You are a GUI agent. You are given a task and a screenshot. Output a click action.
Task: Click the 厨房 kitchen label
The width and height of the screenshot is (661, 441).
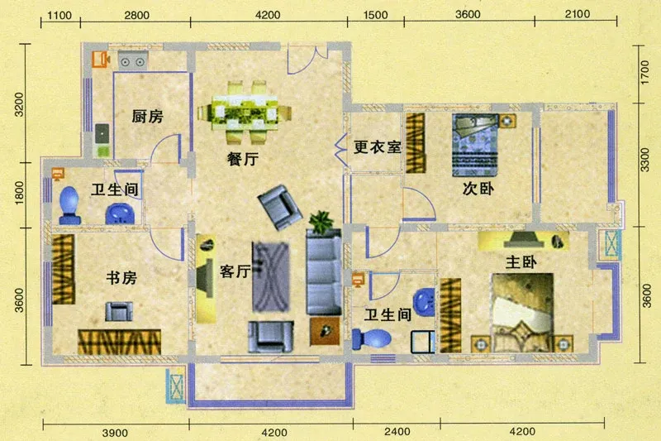pos(147,117)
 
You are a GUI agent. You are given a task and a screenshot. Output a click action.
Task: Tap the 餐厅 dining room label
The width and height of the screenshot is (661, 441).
pos(242,159)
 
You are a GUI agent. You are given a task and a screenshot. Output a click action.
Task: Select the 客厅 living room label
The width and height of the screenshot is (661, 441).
pos(235,271)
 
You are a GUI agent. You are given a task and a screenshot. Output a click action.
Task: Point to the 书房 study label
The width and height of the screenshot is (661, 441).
pos(121,278)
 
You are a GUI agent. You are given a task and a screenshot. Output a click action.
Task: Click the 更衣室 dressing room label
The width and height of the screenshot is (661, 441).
pos(377,146)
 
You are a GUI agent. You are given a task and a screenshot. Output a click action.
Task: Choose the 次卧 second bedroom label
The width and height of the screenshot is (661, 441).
pos(478,189)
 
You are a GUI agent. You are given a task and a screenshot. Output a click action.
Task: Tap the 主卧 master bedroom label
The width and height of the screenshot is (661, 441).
pos(521,262)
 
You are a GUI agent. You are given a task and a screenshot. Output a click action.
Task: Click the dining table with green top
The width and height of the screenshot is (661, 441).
pos(244,113)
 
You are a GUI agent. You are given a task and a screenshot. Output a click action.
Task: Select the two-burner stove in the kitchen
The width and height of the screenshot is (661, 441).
pos(133,61)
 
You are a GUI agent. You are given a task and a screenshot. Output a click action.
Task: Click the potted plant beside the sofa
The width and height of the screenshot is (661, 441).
pos(321,222)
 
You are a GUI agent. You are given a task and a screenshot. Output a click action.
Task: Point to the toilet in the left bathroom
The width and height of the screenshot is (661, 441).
pos(69,205)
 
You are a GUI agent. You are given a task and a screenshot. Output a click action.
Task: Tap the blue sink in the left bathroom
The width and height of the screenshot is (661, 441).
pos(120,213)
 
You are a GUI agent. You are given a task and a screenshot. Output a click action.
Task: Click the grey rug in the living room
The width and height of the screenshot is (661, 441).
pos(271,277)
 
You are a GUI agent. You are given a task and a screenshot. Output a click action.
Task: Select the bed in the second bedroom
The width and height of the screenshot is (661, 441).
pos(475,145)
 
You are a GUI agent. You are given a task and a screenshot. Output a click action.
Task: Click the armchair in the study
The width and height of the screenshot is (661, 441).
pos(118,311)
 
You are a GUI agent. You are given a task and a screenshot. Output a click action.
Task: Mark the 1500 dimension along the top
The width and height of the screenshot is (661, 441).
pos(375,15)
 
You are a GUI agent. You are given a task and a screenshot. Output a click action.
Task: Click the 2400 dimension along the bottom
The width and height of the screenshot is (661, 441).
pos(397,431)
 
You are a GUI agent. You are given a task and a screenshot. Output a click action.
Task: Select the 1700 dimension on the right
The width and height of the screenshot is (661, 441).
pos(644,73)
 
